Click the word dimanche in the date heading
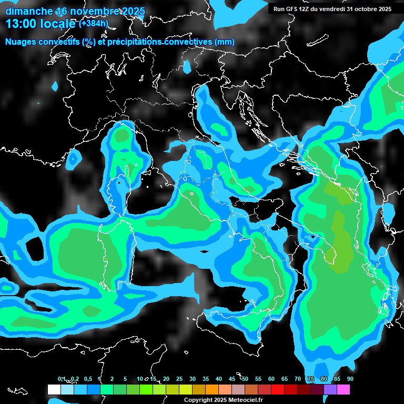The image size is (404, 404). coord(29,11)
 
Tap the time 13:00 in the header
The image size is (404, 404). coord(21,24)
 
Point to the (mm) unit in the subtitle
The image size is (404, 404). coord(225,42)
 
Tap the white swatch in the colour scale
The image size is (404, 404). coord(54,389)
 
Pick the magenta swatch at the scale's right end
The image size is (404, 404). coord(343,389)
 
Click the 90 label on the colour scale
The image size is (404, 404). coord(350,379)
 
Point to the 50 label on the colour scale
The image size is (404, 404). coord(245,379)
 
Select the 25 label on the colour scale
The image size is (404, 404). coord(179,379)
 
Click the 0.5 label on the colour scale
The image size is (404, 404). coord(87,379)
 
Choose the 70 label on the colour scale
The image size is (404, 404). coord(297,379)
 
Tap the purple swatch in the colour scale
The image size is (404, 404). coord(330,389)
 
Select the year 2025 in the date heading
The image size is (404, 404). coord(134,11)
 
